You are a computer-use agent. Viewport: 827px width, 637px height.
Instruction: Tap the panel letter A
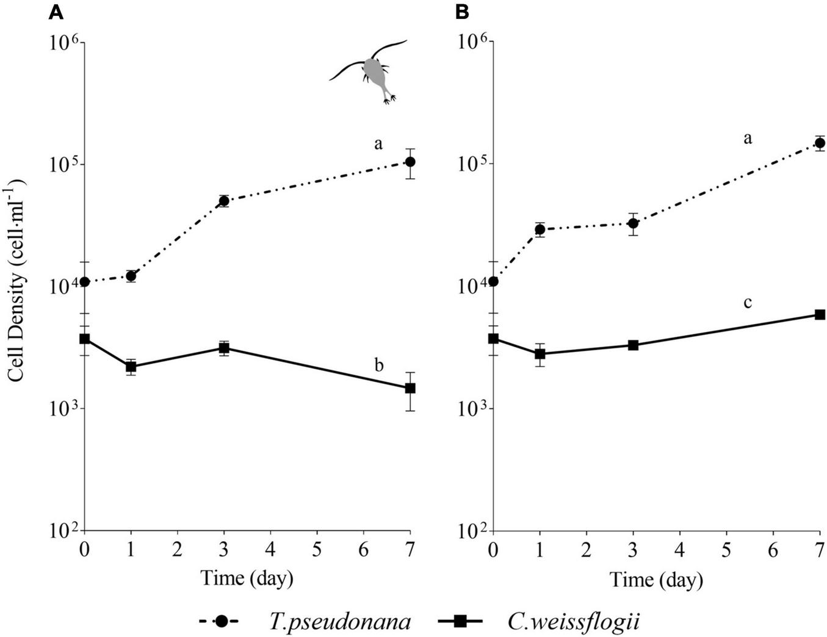(56, 12)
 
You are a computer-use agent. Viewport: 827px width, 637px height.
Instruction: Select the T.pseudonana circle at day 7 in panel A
(410, 162)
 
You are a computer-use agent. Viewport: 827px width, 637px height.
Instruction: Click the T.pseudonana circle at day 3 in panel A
(224, 201)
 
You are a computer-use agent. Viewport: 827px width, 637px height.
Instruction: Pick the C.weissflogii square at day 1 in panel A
(131, 367)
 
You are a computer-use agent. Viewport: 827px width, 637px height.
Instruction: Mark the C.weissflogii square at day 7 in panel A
(410, 387)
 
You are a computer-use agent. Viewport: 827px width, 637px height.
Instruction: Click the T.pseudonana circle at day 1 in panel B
(540, 229)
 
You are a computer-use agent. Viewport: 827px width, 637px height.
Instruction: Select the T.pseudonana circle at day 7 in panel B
(820, 143)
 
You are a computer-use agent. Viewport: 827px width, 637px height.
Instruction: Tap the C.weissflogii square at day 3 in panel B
(633, 345)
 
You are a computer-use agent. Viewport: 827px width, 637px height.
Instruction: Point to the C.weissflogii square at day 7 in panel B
(820, 314)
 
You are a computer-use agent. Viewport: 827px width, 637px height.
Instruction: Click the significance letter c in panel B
(747, 302)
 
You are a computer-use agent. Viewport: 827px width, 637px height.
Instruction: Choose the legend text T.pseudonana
(340, 621)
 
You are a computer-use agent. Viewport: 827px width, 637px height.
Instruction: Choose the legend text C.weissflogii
(573, 621)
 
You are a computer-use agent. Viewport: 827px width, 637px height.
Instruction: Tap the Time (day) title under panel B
(656, 578)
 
